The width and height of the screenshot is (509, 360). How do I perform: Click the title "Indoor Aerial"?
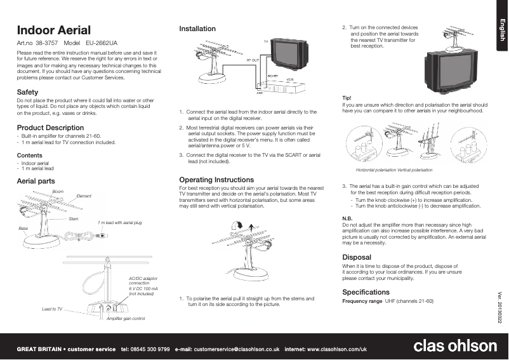point(54,30)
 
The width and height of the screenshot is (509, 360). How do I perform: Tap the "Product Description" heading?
point(50,128)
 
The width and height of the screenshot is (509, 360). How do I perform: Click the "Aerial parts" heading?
point(36,182)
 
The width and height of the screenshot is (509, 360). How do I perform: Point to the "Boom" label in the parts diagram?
point(57,191)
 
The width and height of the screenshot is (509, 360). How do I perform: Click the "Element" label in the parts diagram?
point(84,196)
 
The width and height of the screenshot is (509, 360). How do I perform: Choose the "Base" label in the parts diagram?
point(23,227)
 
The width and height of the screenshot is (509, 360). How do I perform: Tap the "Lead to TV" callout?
point(52,309)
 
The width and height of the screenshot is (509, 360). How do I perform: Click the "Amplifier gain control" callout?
point(126,317)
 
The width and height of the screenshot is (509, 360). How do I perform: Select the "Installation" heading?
point(197,29)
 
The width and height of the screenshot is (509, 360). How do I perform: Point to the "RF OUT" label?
point(253,58)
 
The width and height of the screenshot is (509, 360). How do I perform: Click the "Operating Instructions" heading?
point(216,180)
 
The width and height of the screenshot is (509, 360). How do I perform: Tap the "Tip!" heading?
point(347,97)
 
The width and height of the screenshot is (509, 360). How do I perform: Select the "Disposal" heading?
point(357,257)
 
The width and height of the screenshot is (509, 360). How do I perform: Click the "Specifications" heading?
point(366,292)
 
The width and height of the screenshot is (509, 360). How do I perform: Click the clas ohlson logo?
point(455,347)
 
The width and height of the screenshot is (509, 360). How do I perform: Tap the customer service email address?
point(237,349)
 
